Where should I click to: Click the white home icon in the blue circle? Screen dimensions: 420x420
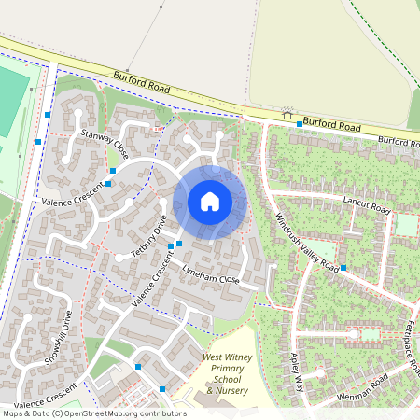click(210, 202)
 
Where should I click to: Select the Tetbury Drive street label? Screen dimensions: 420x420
click(148, 238)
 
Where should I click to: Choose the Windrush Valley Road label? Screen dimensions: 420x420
click(307, 240)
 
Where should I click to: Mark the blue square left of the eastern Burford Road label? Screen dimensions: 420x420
click(299, 124)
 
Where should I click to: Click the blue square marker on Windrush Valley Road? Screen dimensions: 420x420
click(343, 268)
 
